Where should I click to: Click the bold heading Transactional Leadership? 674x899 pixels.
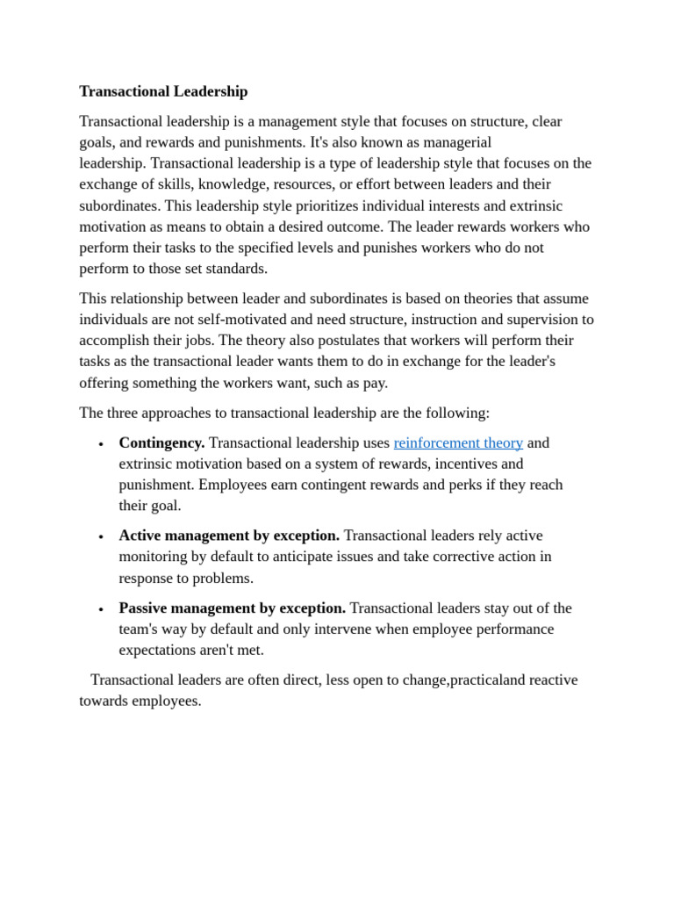(x=163, y=91)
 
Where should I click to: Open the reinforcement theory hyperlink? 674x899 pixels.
(x=458, y=443)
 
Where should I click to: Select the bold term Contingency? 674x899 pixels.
(x=161, y=443)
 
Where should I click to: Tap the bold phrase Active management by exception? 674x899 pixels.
(x=229, y=536)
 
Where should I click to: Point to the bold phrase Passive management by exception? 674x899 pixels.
(x=232, y=608)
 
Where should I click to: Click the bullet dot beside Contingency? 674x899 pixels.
(x=102, y=444)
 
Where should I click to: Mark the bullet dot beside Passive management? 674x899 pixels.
(x=102, y=609)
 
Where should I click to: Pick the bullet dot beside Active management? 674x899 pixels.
(x=102, y=536)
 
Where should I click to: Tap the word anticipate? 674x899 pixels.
(x=326, y=557)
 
